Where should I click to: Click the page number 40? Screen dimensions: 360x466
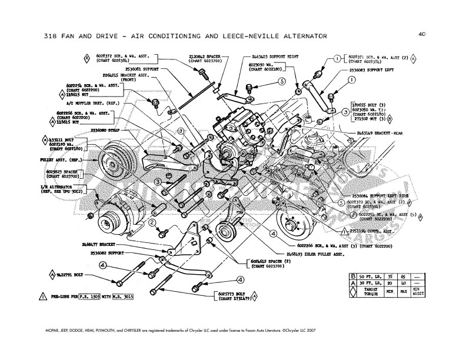[422, 34]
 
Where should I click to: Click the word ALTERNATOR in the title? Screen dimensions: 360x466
[295, 36]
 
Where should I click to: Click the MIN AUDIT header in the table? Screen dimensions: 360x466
[435, 292]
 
